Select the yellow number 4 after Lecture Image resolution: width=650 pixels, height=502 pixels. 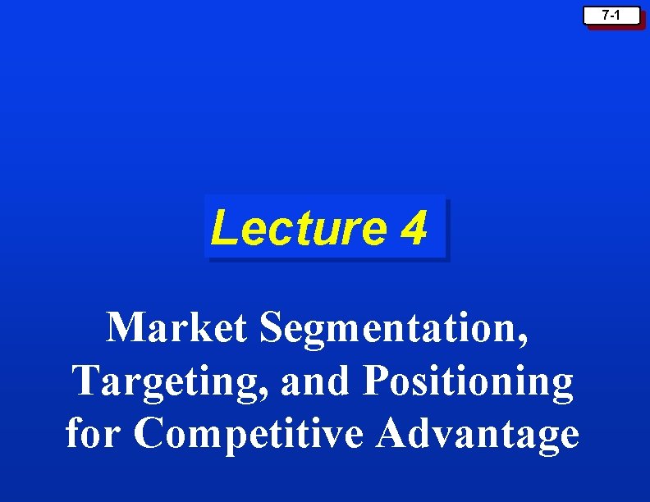click(x=414, y=228)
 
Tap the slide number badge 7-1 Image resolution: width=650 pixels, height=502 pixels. click(x=611, y=16)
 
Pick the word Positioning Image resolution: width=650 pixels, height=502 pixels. click(x=469, y=382)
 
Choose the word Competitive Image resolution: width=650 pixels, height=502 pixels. click(x=249, y=434)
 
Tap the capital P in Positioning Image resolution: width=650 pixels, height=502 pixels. click(x=377, y=381)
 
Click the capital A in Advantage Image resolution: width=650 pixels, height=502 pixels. click(x=391, y=432)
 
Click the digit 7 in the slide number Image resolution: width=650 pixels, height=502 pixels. click(x=605, y=16)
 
